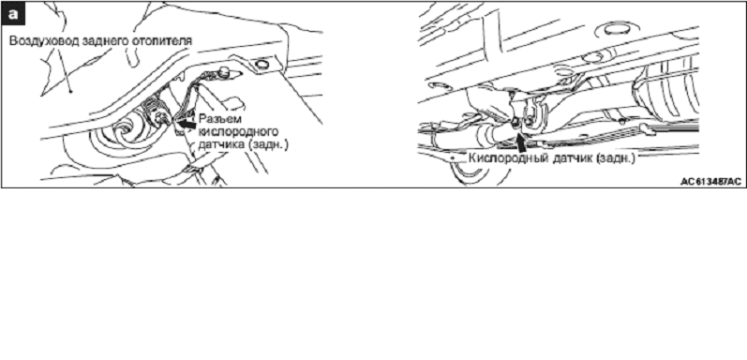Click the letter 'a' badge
coord(12,14)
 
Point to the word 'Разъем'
coord(217,119)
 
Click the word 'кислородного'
coord(238,131)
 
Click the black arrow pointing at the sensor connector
coord(186,123)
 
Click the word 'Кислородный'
coord(507,157)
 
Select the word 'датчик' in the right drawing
coord(570,157)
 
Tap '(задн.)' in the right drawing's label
coord(615,157)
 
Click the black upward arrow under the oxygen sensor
coord(522,142)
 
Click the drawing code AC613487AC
coord(710,182)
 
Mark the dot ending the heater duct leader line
coord(70,90)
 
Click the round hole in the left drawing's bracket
coord(261,64)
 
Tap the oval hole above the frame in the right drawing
coord(616,30)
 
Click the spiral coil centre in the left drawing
coord(125,127)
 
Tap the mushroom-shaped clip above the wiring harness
coord(225,72)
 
